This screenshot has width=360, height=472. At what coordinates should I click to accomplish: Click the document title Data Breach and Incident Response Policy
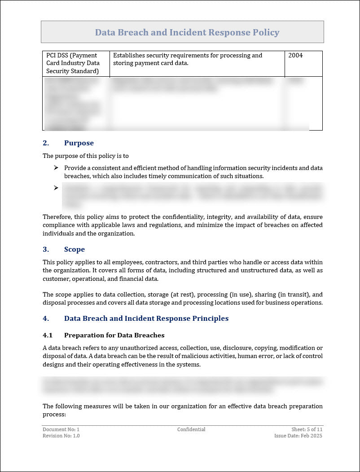[187, 32]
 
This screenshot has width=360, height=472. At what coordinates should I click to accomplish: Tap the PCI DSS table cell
[75, 63]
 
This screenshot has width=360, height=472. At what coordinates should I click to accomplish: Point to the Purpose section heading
[79, 143]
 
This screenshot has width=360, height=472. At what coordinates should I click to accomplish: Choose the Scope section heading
[74, 249]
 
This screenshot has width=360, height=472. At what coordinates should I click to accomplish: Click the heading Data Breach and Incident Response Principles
[146, 319]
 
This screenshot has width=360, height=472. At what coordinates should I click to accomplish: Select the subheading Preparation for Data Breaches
[114, 335]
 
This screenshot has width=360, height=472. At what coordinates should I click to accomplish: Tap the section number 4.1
[48, 335]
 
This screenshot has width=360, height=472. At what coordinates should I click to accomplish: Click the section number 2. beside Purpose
[46, 143]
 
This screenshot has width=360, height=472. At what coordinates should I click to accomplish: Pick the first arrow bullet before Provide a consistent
[56, 168]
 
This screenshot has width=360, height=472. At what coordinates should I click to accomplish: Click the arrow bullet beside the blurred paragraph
[56, 188]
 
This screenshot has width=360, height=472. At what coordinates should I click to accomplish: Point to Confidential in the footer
[191, 429]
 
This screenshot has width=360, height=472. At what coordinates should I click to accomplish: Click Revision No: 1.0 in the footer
[61, 436]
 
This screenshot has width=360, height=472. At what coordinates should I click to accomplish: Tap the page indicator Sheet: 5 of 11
[307, 429]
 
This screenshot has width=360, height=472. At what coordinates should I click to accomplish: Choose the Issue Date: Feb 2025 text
[298, 436]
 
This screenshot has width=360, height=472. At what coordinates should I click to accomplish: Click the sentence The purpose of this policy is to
[86, 156]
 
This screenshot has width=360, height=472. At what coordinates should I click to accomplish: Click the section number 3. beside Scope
[46, 249]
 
